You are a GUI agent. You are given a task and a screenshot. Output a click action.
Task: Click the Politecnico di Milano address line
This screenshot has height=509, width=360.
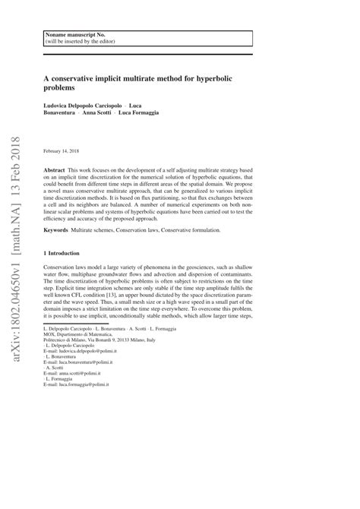pyautogui.click(x=98, y=361)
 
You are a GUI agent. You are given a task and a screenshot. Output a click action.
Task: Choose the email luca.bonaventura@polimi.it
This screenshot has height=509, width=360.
pyautogui.click(x=93, y=387)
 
